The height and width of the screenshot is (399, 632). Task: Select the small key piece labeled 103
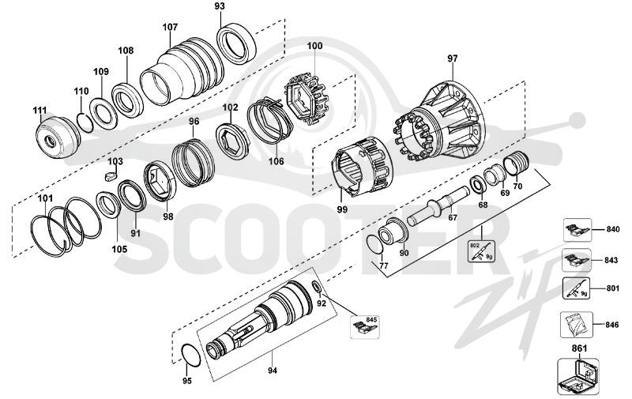point(110,175)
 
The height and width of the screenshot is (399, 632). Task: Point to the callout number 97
point(453,58)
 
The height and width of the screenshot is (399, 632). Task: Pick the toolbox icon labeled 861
point(578,376)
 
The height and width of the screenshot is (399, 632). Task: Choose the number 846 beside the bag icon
point(611,325)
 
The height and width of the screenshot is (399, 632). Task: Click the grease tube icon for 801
point(576,288)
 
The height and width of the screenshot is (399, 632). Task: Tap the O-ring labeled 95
point(190,356)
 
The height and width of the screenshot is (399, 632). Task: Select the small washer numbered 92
point(318,288)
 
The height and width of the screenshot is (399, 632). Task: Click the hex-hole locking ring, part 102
point(232,144)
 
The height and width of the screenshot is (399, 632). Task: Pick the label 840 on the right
point(613,230)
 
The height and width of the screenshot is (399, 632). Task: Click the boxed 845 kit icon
point(365,327)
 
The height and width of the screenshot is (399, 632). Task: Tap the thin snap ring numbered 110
point(85,122)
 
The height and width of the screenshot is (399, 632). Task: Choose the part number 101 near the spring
point(45,198)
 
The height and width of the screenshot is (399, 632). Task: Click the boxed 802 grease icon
point(482,251)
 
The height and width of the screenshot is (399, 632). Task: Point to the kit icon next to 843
point(577,260)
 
